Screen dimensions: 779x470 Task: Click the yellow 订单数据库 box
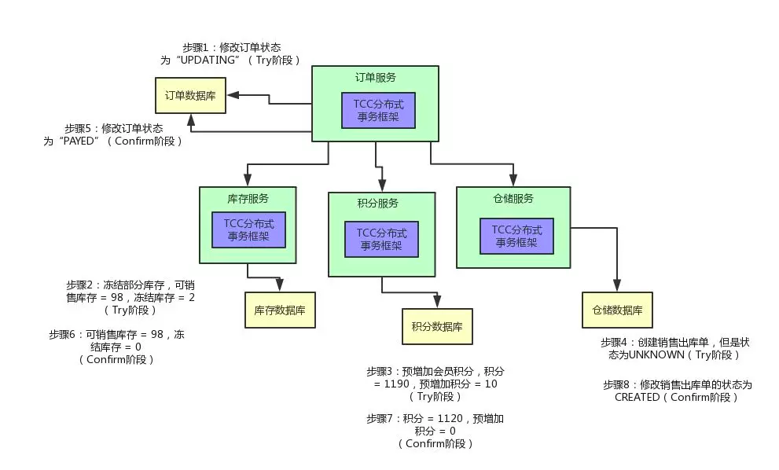pos(190,95)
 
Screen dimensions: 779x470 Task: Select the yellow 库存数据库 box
pos(280,310)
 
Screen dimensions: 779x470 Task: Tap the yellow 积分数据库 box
pos(437,326)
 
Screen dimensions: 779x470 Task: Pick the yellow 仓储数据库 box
pos(617,310)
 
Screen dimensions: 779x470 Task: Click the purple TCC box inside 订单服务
pos(378,110)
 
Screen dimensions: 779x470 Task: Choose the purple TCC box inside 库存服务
pos(248,229)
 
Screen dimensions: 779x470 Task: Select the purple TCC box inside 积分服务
pos(381,239)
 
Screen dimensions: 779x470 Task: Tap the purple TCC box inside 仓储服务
pos(516,236)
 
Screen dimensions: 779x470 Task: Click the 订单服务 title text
pos(376,78)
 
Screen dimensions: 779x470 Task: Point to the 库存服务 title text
pos(248,199)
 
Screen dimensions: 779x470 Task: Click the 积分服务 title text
pos(377,203)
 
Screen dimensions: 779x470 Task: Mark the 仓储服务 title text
pos(513,199)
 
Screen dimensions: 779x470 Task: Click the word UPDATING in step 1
pos(208,60)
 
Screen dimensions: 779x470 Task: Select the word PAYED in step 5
pos(79,141)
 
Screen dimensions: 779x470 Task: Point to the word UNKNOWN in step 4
pos(657,354)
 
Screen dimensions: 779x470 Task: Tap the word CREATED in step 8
pos(637,397)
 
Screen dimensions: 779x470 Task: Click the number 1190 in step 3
pos(397,384)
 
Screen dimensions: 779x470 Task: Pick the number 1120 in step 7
pos(450,418)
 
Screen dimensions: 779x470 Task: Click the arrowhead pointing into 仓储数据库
pos(617,285)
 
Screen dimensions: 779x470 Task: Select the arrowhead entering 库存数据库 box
pos(280,285)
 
